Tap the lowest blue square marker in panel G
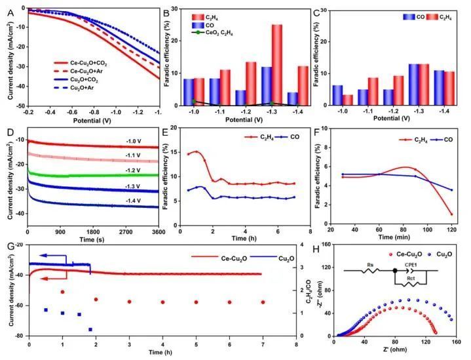(90, 329)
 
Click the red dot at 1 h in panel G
(63, 292)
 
